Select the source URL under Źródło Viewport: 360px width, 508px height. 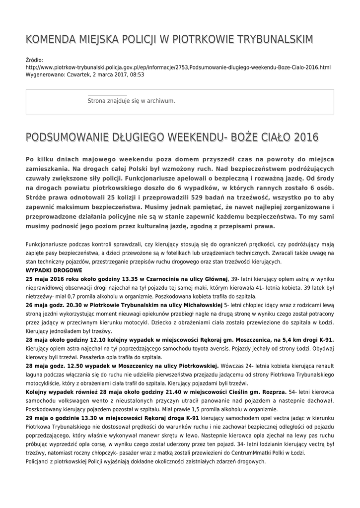[178, 67]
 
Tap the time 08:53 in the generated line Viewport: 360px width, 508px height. [138, 74]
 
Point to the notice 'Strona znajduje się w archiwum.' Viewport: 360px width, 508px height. [131, 101]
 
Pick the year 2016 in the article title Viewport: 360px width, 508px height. [306, 137]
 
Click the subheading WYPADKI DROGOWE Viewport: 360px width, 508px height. [54, 270]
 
